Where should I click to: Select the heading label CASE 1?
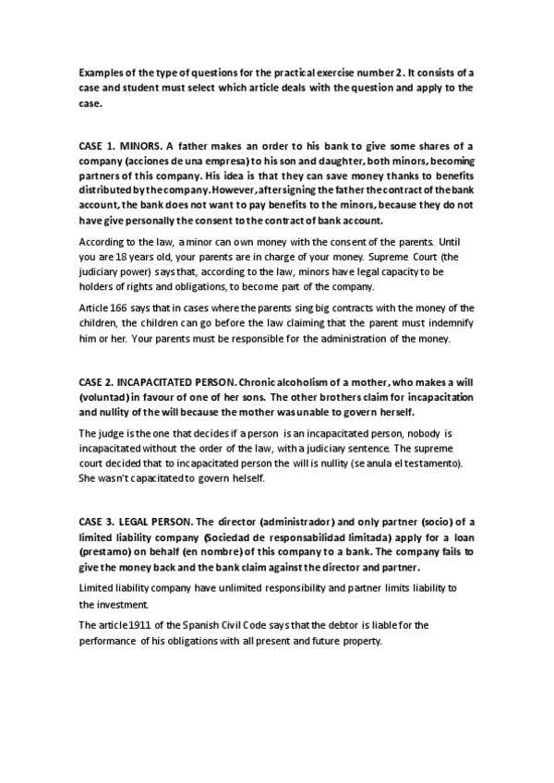(97, 146)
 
